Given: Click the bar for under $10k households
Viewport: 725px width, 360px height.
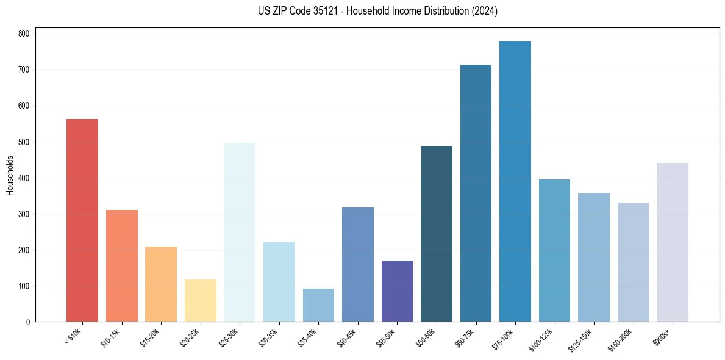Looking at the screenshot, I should click(82, 220).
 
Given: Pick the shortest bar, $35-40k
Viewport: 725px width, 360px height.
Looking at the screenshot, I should click(318, 305).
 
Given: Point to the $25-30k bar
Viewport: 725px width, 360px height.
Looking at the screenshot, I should click(240, 232).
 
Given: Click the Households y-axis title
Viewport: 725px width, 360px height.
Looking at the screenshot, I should click(10, 175).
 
